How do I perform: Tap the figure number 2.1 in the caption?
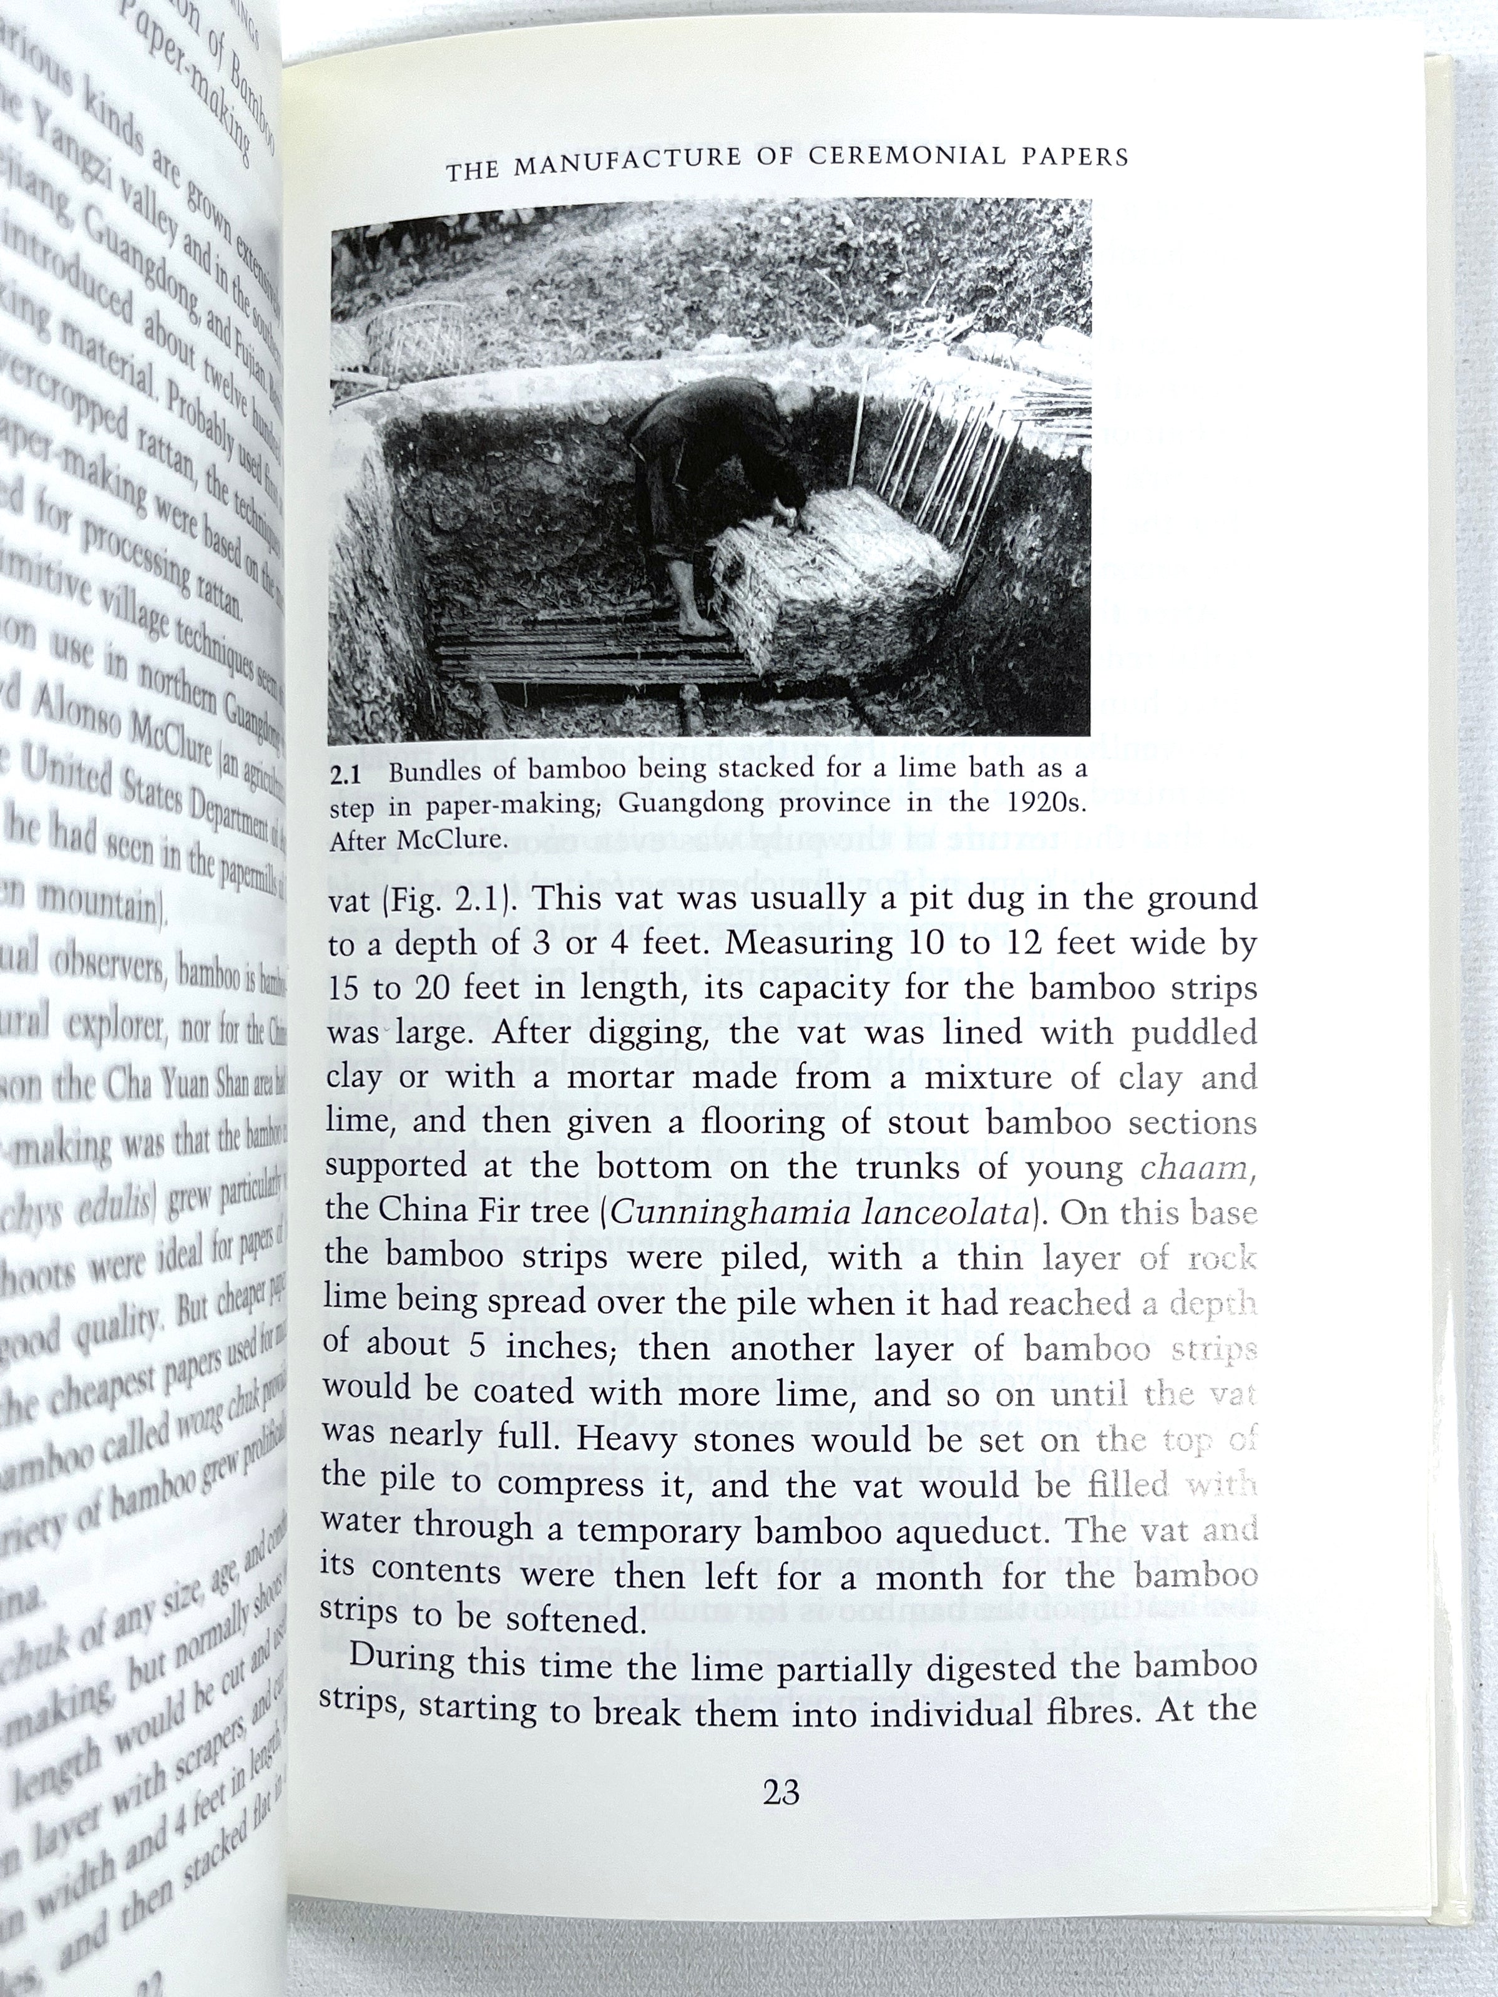point(346,774)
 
